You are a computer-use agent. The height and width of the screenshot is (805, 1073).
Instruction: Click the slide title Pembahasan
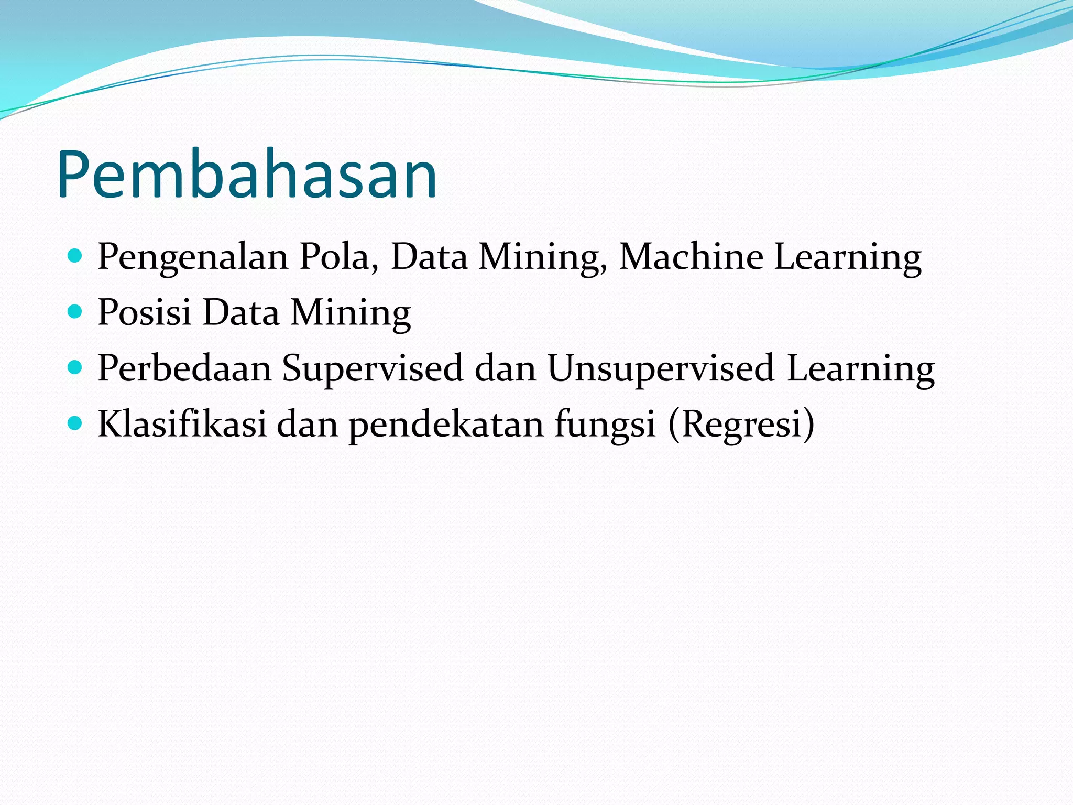(247, 176)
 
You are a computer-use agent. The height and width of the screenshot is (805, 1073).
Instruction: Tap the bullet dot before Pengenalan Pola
(75, 256)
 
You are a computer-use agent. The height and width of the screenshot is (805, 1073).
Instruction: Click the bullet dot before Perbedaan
(75, 368)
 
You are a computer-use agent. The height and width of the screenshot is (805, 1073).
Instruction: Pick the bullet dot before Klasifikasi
(75, 423)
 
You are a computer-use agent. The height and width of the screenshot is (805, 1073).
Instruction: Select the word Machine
(691, 257)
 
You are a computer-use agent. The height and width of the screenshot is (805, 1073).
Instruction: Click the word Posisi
(145, 313)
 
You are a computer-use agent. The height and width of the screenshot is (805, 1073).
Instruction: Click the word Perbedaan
(184, 368)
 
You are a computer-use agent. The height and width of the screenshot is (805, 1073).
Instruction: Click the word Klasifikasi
(182, 424)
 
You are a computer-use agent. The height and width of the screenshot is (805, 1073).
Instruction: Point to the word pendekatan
(446, 425)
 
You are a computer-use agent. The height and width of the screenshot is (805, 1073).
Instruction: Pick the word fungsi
(605, 425)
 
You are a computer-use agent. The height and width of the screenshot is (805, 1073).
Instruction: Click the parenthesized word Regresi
(741, 425)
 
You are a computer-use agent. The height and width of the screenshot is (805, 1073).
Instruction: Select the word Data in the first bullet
(429, 257)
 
